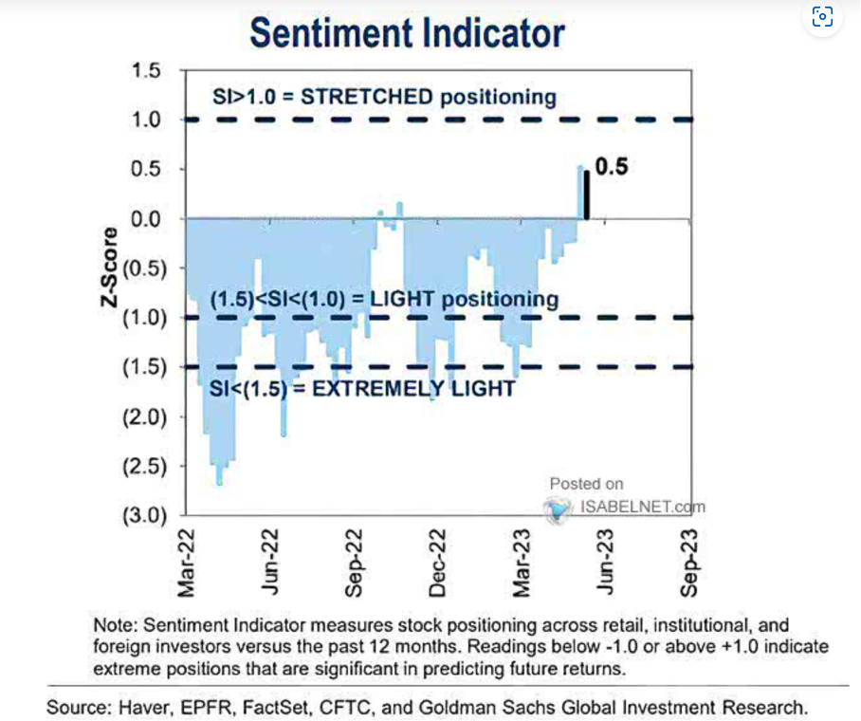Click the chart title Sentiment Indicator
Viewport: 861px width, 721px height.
click(407, 33)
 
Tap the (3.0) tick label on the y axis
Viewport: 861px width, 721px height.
click(142, 516)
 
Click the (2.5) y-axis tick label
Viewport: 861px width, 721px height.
click(142, 467)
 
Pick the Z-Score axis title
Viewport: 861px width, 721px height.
click(113, 268)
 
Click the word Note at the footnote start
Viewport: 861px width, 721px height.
click(113, 625)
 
